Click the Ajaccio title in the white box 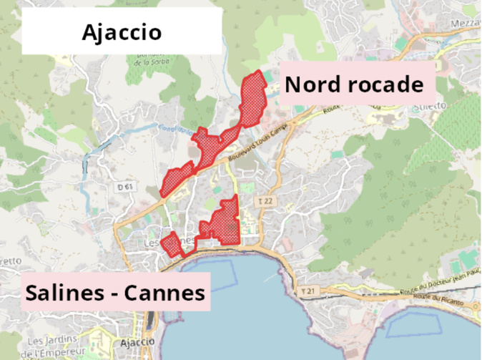[x=122, y=32]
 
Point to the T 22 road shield [x=265, y=202]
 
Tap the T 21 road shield [x=308, y=291]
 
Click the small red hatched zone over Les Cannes [x=173, y=245]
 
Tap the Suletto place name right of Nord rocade [x=428, y=106]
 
